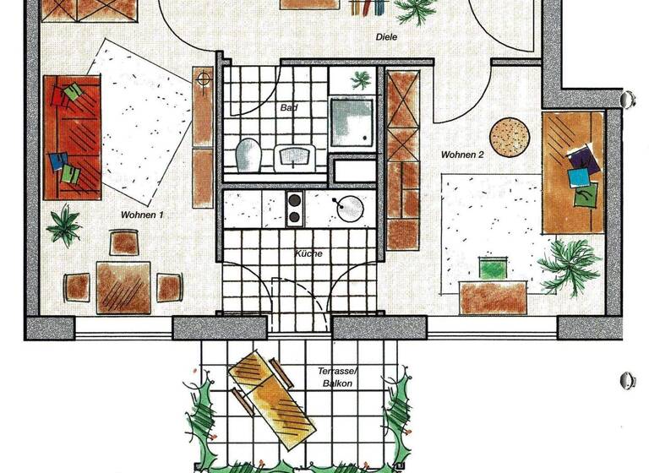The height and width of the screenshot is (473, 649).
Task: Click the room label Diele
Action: coord(387,37)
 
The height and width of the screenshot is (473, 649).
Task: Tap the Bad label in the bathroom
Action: coord(290,109)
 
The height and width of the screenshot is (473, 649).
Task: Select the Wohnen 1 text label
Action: coord(142,215)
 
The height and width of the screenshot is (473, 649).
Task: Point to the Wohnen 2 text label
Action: coord(461,155)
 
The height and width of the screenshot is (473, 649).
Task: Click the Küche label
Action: coord(308,253)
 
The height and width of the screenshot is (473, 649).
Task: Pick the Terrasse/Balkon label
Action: coord(335,377)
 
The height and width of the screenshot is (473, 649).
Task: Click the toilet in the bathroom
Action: coord(248,155)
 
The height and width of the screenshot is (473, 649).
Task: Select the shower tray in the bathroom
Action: coord(352,122)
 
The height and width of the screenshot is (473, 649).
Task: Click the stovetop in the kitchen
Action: coord(295,208)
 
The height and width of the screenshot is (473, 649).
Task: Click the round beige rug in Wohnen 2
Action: coord(510,137)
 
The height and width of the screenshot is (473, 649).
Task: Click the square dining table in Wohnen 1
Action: coord(123,286)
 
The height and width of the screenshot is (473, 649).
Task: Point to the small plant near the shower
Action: coord(362,81)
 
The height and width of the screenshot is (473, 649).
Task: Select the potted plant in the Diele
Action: coord(415,10)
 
